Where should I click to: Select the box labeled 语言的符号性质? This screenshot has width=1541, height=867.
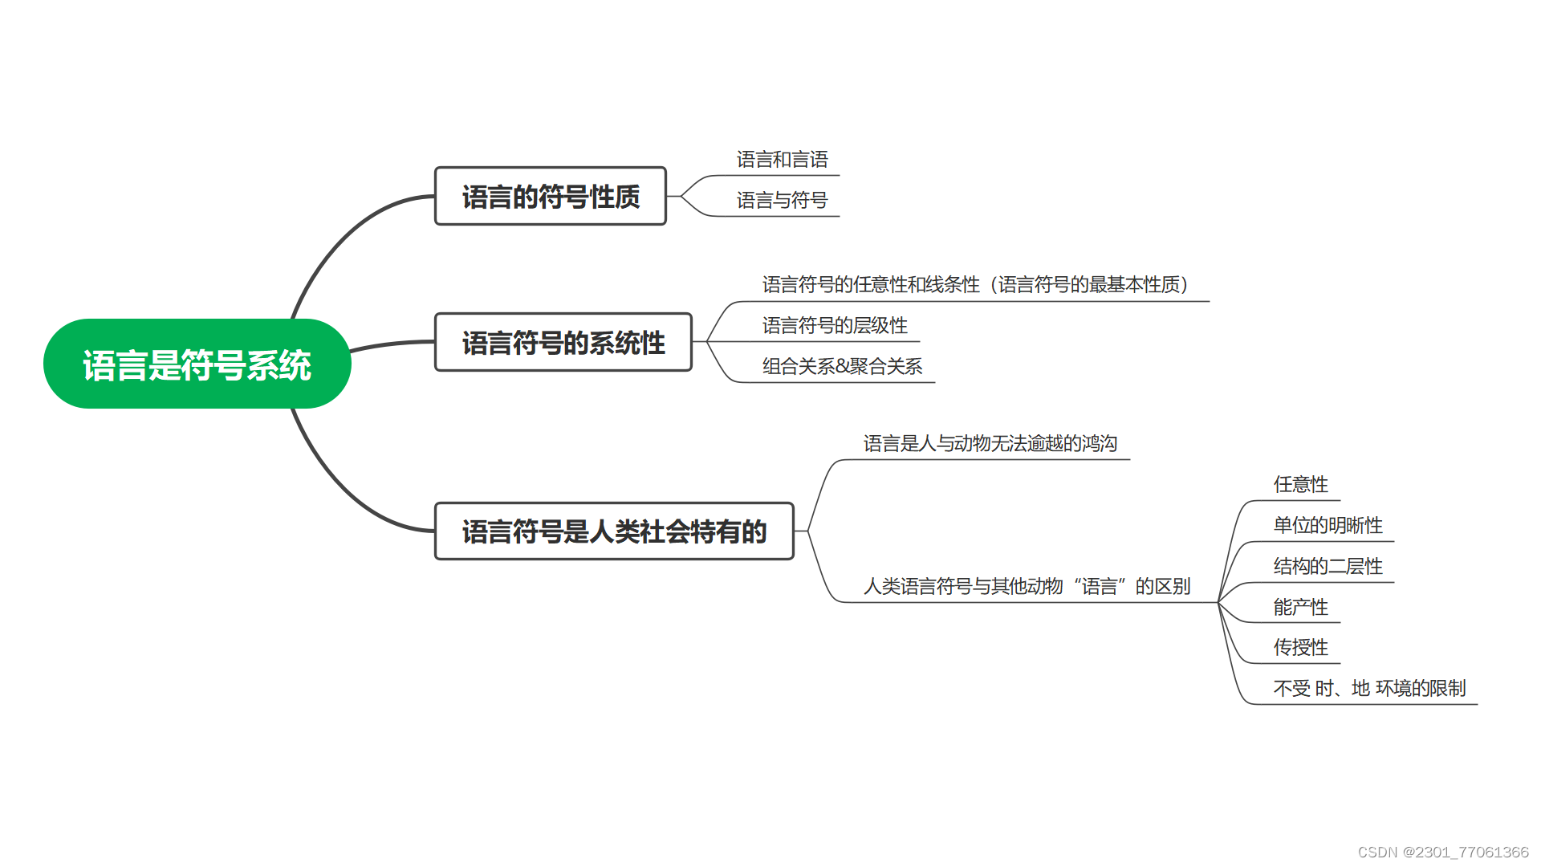pyautogui.click(x=550, y=196)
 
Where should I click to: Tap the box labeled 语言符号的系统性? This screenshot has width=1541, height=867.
pyautogui.click(x=563, y=343)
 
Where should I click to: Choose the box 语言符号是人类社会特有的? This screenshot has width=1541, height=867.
pyautogui.click(x=614, y=531)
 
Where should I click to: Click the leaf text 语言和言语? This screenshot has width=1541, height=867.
pyautogui.click(x=782, y=160)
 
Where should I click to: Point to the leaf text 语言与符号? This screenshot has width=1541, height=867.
pyautogui.click(x=782, y=200)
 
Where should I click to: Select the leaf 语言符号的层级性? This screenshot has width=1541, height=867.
pyautogui.click(x=835, y=325)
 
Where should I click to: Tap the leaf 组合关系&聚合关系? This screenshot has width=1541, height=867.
pyautogui.click(x=842, y=366)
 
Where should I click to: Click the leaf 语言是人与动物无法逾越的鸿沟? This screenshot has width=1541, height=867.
pyautogui.click(x=990, y=443)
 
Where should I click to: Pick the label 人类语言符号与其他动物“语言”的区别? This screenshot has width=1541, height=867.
pyautogui.click(x=1027, y=586)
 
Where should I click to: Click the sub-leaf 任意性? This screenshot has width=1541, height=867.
pyautogui.click(x=1300, y=484)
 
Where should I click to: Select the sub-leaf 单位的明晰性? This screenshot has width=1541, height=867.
pyautogui.click(x=1328, y=525)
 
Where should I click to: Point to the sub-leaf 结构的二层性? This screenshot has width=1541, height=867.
pyautogui.click(x=1328, y=566)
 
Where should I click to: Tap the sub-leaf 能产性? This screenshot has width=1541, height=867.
pyautogui.click(x=1300, y=607)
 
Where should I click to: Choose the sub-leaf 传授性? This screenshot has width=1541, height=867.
pyautogui.click(x=1300, y=647)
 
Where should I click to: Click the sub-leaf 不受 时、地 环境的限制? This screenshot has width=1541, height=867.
pyautogui.click(x=1369, y=688)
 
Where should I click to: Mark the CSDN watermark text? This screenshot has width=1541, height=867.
pyautogui.click(x=1442, y=852)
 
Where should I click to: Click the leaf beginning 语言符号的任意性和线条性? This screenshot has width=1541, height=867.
pyautogui.click(x=974, y=284)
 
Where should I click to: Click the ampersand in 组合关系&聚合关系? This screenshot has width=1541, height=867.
pyautogui.click(x=842, y=367)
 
